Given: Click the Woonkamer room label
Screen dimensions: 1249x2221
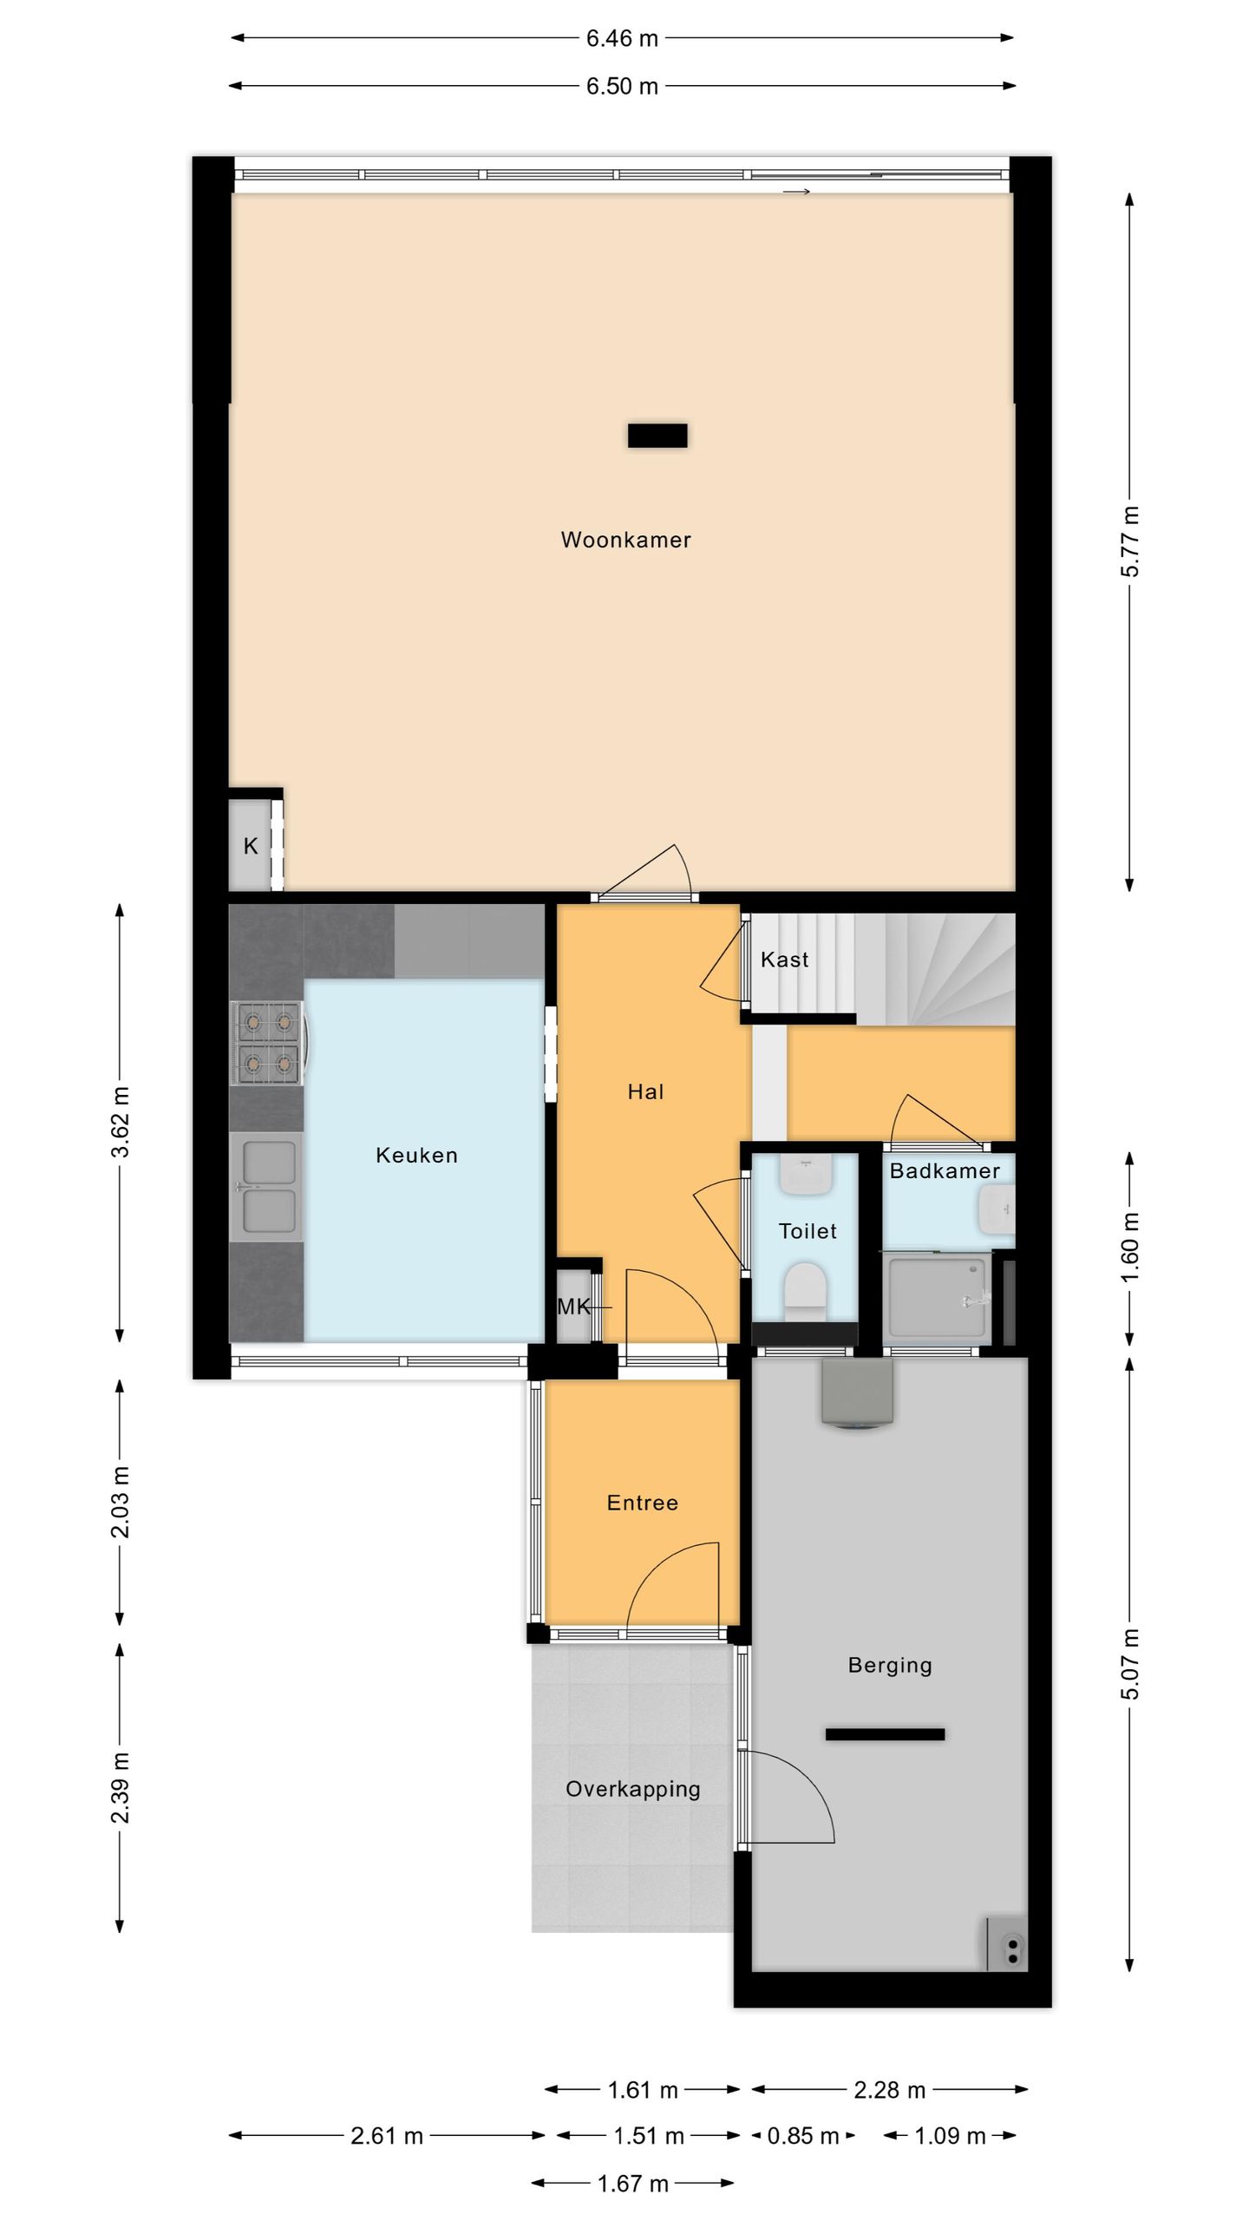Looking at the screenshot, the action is (x=625, y=540).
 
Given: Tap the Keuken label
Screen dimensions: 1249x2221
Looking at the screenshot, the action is (x=416, y=1155).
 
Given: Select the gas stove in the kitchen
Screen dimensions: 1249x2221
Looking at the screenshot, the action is (x=267, y=1043).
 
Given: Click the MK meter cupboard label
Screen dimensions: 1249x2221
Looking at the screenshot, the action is (x=573, y=1307).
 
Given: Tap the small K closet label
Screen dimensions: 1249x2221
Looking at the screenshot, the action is (x=251, y=846).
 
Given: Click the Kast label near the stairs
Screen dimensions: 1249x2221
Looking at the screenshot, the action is (x=784, y=960).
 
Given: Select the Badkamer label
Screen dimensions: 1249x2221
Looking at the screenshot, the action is (x=945, y=1171).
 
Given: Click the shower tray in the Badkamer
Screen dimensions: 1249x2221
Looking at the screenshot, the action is (x=938, y=1299).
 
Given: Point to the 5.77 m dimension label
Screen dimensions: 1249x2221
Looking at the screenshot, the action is (x=1130, y=541).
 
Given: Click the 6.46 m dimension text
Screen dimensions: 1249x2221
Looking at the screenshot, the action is (x=622, y=38).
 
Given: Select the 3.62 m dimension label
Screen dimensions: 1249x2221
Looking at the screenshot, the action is (x=120, y=1122).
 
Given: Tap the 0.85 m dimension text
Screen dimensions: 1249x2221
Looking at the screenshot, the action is (x=803, y=2136).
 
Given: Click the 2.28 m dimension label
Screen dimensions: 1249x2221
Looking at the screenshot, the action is (x=890, y=2090).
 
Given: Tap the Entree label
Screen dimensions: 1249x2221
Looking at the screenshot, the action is (x=642, y=1503).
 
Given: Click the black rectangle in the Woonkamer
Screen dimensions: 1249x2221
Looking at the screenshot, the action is (x=657, y=436).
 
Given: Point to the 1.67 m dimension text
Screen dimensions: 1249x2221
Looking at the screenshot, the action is (x=633, y=2184).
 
